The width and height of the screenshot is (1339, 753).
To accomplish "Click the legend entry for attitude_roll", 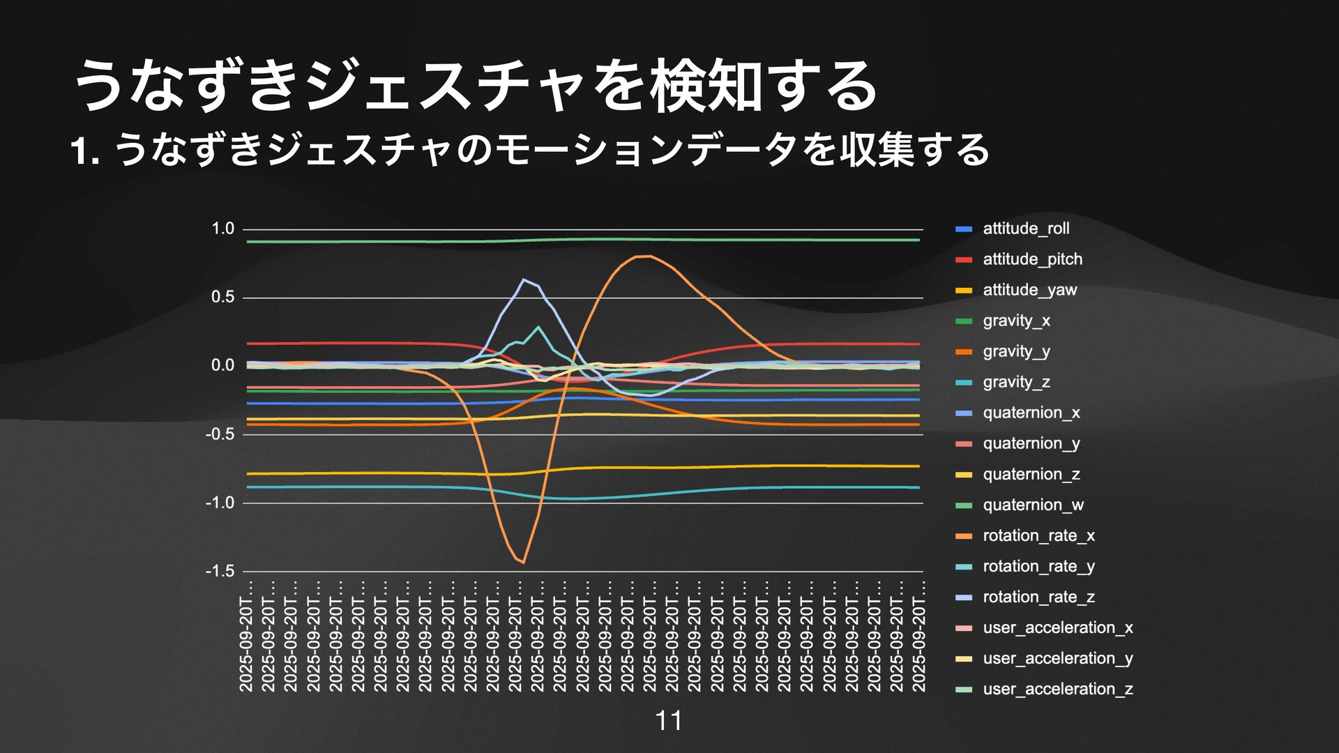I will click(1025, 229).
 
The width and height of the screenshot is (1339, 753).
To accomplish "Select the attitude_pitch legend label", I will click(1032, 259).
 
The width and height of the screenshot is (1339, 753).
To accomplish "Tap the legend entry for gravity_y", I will click(1016, 351).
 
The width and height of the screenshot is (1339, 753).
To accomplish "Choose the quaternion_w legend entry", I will click(1033, 505).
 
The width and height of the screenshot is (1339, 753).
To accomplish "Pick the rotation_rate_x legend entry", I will click(1038, 535).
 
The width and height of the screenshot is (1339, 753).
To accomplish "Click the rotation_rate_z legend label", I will click(1038, 597).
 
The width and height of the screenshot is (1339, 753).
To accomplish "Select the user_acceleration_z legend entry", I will click(1057, 689).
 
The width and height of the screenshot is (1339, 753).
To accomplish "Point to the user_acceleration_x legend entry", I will click(1057, 627).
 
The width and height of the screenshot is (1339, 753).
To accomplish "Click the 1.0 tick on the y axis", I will click(223, 229).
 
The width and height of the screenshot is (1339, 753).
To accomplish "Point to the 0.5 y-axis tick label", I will click(223, 297).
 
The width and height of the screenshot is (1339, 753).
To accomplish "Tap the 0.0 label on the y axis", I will click(223, 365).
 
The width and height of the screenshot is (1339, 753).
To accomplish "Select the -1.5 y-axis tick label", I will click(220, 571).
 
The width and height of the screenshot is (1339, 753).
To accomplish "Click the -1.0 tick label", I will click(220, 503).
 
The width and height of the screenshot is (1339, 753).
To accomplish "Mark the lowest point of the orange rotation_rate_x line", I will click(523, 563).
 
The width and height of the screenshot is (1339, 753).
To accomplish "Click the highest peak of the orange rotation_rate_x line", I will click(645, 256).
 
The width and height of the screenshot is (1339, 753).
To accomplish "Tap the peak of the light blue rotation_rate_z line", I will click(524, 280).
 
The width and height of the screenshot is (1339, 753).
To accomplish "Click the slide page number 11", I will click(669, 721).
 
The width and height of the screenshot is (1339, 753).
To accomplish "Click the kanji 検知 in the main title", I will click(705, 86).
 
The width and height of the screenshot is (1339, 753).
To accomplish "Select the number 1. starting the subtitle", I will click(85, 151).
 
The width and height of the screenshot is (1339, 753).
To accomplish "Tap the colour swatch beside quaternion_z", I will click(963, 475).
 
